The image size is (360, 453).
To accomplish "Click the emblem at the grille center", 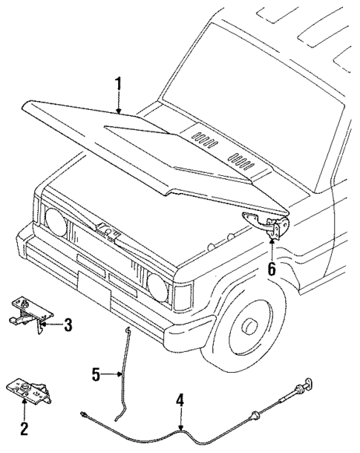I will click(x=107, y=232).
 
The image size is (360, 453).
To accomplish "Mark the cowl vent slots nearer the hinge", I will click(x=242, y=159).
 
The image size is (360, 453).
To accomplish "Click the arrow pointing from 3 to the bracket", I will click(x=50, y=324).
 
